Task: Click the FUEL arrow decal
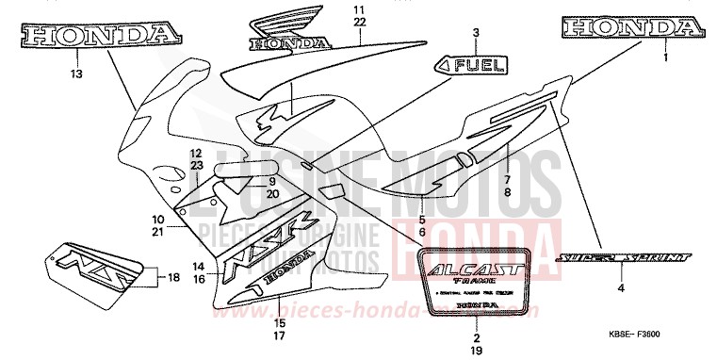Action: pos(471,66)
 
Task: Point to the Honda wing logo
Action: pos(289,30)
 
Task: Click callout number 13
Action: pos(76,73)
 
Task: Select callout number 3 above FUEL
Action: pos(476,33)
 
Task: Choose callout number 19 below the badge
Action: pos(477,349)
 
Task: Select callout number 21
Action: pos(158,231)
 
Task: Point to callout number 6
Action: pos(422,231)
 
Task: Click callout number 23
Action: pos(197,165)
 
